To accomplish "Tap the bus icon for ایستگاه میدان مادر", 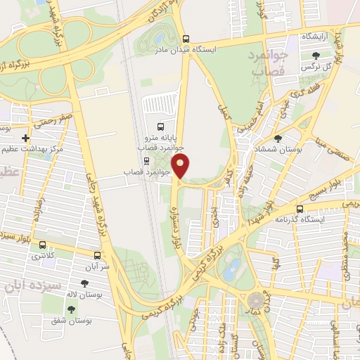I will [186, 39].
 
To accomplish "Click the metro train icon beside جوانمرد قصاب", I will [146, 160].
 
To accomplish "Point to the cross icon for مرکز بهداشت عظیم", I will [26, 139].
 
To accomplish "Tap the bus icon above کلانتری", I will [44, 245].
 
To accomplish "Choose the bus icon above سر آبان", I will [97, 256].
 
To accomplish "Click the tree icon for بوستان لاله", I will [85, 284].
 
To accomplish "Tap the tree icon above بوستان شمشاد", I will [278, 139].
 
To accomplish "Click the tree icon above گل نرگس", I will [315, 55].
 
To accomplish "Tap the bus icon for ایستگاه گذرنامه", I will [300, 209].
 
